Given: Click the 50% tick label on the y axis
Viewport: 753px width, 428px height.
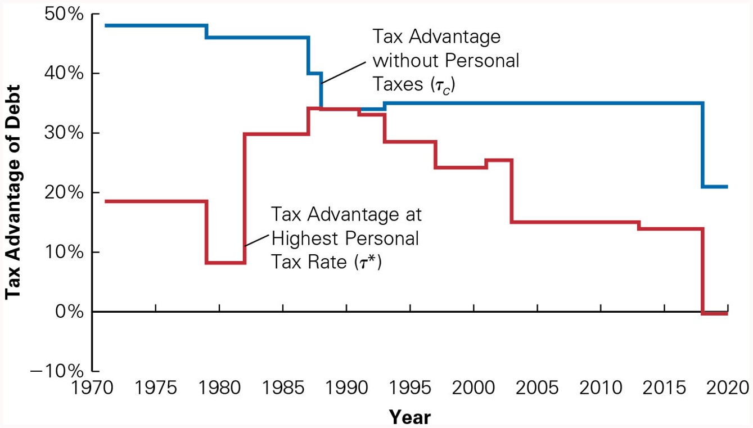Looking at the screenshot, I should coord(63,15).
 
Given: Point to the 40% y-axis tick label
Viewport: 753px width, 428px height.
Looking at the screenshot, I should coord(63,74).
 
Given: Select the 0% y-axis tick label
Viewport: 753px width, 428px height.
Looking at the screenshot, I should coord(69,312).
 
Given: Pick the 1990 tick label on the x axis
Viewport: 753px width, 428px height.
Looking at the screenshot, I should coord(346,388).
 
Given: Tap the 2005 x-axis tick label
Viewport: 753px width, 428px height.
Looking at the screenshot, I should coord(538,388).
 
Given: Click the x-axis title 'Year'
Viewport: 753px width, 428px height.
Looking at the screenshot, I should coord(410,417).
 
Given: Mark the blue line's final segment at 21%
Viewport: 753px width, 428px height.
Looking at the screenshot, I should coord(715,187).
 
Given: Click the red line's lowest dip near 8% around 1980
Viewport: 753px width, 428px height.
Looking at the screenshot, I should coord(225,263).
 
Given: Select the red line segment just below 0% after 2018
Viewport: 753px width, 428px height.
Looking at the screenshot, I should coord(715,313).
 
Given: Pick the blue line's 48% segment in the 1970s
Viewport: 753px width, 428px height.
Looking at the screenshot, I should coord(152,25).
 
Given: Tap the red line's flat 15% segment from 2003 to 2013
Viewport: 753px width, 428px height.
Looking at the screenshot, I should coord(574,222).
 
